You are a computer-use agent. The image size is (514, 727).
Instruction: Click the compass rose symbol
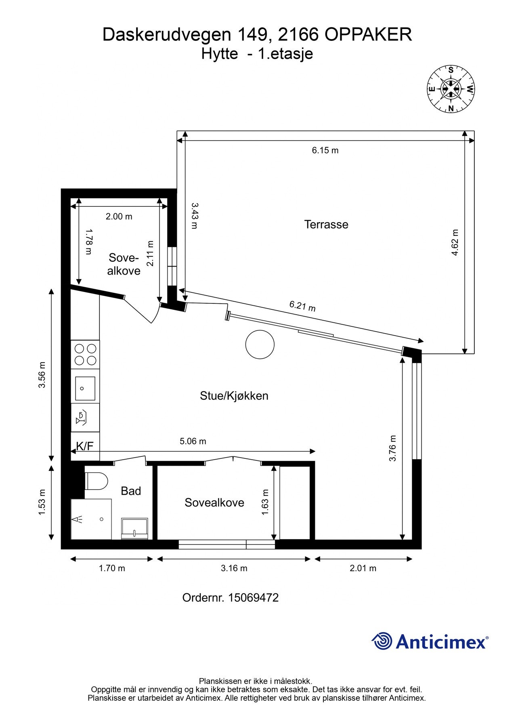pyautogui.click(x=451, y=89)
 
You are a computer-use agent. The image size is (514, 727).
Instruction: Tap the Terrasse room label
pyautogui.click(x=326, y=225)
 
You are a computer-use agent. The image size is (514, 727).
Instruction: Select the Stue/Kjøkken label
pyautogui.click(x=234, y=396)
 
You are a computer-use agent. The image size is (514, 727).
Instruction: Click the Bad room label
pyautogui.click(x=131, y=491)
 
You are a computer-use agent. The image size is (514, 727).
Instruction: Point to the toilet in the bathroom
pyautogui.click(x=97, y=481)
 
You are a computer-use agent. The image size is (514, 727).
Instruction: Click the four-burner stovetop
pyautogui.click(x=85, y=354)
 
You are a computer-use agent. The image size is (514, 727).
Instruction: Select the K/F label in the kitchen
pyautogui.click(x=85, y=446)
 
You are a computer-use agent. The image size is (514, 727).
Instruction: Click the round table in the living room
pyautogui.click(x=260, y=345)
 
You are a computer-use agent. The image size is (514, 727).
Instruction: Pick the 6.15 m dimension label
pyautogui.click(x=325, y=150)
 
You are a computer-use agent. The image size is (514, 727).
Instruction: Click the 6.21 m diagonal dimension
pyautogui.click(x=302, y=306)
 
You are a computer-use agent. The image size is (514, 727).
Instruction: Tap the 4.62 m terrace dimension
pyautogui.click(x=455, y=242)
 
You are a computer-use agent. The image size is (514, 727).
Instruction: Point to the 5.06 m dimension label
pyautogui.click(x=193, y=441)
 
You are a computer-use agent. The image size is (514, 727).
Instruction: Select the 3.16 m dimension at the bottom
pyautogui.click(x=234, y=568)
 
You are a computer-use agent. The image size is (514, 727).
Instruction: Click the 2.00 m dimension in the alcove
pyautogui.click(x=119, y=216)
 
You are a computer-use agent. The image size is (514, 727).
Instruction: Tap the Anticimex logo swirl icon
pyautogui.click(x=382, y=641)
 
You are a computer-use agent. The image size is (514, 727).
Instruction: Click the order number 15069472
pyautogui.click(x=254, y=598)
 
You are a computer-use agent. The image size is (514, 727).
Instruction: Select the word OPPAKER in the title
pyautogui.click(x=368, y=35)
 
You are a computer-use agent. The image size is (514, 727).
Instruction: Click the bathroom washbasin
pyautogui.click(x=134, y=529)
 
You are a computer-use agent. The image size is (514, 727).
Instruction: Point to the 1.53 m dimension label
pyautogui.click(x=42, y=502)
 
